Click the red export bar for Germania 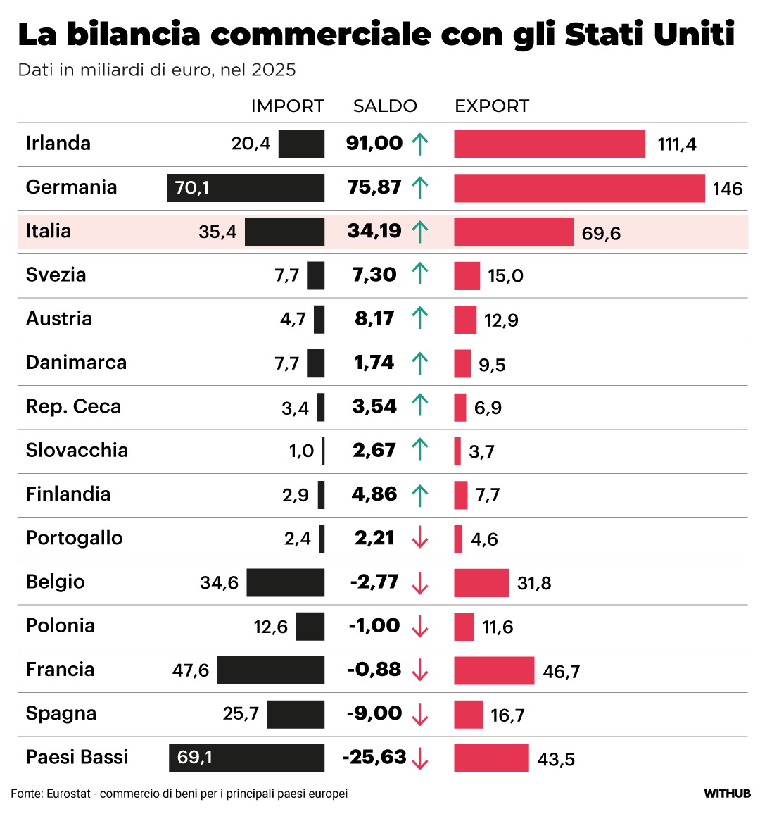coord(579,188)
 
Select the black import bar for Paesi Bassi coord(246,758)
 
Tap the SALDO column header coord(385,106)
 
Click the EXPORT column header coord(492,106)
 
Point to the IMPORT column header coord(287,106)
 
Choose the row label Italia coord(49,231)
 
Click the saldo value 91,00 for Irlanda coord(374,144)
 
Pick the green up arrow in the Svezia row coord(420,274)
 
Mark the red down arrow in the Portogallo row coord(420,539)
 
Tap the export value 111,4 coord(677,144)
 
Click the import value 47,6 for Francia coord(191,670)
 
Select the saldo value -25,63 coord(374,758)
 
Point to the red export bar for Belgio coord(481,583)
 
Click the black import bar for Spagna coord(296,714)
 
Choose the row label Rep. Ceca coord(73,407)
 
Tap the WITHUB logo coord(727,794)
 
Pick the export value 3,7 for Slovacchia coord(481,451)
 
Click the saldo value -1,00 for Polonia coord(374,626)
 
